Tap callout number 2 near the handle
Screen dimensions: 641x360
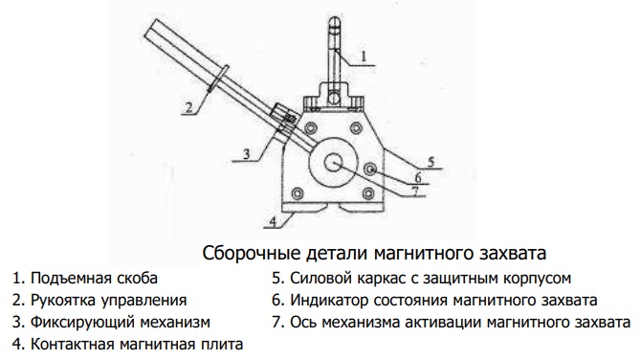pyautogui.click(x=188, y=107)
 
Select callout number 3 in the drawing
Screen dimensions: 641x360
pyautogui.click(x=246, y=154)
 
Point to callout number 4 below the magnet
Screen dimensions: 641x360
pyautogui.click(x=273, y=221)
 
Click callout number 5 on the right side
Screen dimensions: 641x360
pyautogui.click(x=431, y=162)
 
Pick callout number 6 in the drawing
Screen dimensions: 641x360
pyautogui.click(x=418, y=177)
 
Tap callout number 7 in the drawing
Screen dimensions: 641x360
pyautogui.click(x=414, y=191)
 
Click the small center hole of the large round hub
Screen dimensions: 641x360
pyautogui.click(x=334, y=163)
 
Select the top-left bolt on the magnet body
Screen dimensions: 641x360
pyautogui.click(x=309, y=128)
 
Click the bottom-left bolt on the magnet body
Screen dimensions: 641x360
pyautogui.click(x=298, y=193)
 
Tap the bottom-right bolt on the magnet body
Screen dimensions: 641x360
pyautogui.click(x=368, y=193)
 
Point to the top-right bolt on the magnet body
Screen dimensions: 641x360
pyautogui.click(x=356, y=127)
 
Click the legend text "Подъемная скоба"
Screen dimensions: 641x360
pyautogui.click(x=94, y=279)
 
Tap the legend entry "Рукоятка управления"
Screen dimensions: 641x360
pyautogui.click(x=109, y=301)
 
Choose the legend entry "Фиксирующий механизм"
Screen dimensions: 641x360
pyautogui.click(x=121, y=322)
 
